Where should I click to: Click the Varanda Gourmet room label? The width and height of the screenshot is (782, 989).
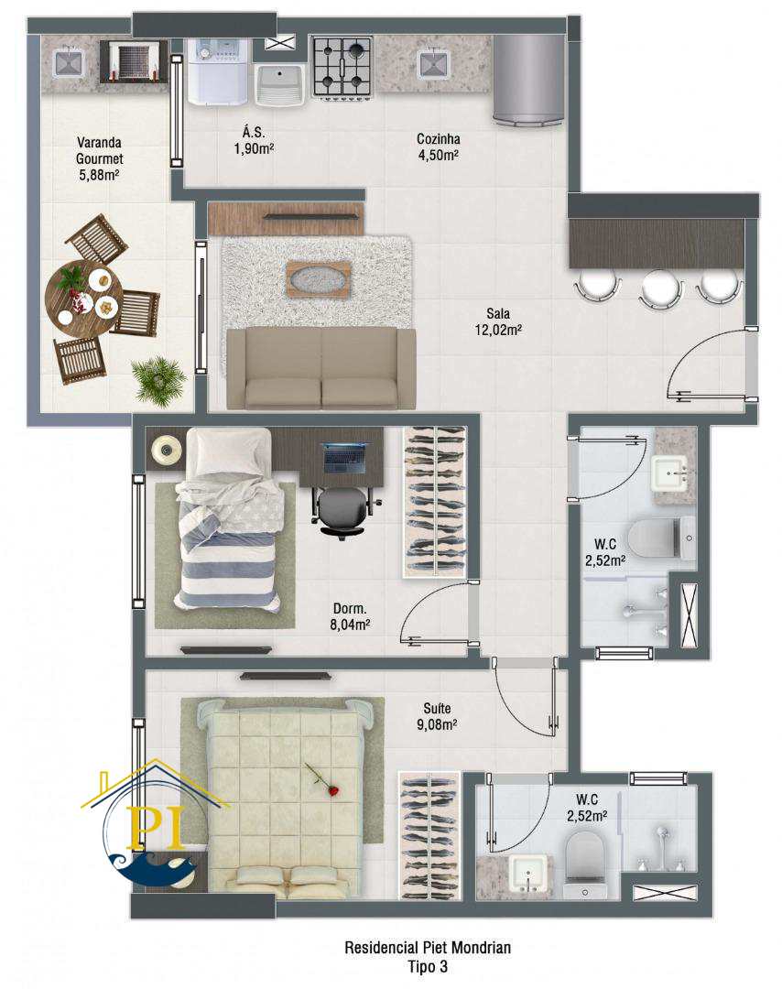[99, 159]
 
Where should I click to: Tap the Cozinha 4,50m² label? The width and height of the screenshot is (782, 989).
[439, 147]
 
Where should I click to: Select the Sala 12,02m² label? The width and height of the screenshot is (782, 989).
[498, 321]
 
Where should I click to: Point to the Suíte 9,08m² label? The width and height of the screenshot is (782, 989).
[437, 716]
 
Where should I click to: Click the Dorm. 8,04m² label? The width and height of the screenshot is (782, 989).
[350, 617]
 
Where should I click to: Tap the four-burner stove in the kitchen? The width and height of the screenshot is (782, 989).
[342, 67]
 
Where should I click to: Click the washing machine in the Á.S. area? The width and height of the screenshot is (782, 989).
[218, 71]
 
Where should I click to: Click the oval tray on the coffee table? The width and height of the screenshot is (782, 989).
[319, 278]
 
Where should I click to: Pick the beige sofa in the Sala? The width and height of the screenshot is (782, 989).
[321, 368]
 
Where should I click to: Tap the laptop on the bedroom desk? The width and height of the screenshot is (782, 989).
[344, 458]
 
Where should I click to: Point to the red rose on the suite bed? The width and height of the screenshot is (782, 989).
[322, 780]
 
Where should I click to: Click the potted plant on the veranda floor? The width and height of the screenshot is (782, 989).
[159, 380]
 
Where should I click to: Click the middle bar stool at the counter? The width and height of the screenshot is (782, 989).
[660, 288]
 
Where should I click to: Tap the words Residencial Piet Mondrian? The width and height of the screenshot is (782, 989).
[428, 947]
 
